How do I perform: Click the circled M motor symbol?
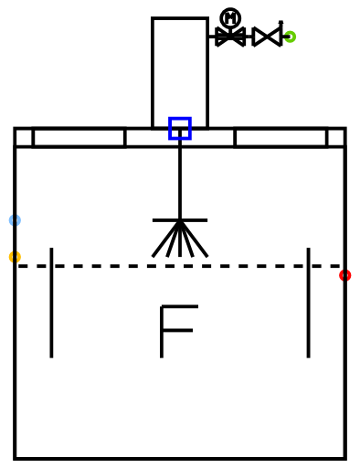click(230, 18)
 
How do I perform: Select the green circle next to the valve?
click(290, 37)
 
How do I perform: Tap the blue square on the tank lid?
click(180, 128)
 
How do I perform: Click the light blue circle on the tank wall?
click(15, 220)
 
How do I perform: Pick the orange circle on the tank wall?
click(15, 257)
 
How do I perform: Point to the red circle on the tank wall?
click(345, 275)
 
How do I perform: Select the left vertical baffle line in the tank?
click(51, 303)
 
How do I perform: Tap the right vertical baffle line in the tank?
click(309, 303)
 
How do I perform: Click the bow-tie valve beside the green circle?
click(267, 37)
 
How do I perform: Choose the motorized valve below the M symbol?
click(230, 37)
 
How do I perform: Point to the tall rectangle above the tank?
click(180, 73)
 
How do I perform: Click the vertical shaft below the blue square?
click(180, 180)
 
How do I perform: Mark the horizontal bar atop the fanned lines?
click(180, 220)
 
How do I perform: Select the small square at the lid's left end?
click(24, 137)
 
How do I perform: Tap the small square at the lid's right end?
click(336, 137)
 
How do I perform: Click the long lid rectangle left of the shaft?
click(79, 137)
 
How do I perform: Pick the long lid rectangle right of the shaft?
click(281, 137)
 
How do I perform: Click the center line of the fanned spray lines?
click(180, 239)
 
